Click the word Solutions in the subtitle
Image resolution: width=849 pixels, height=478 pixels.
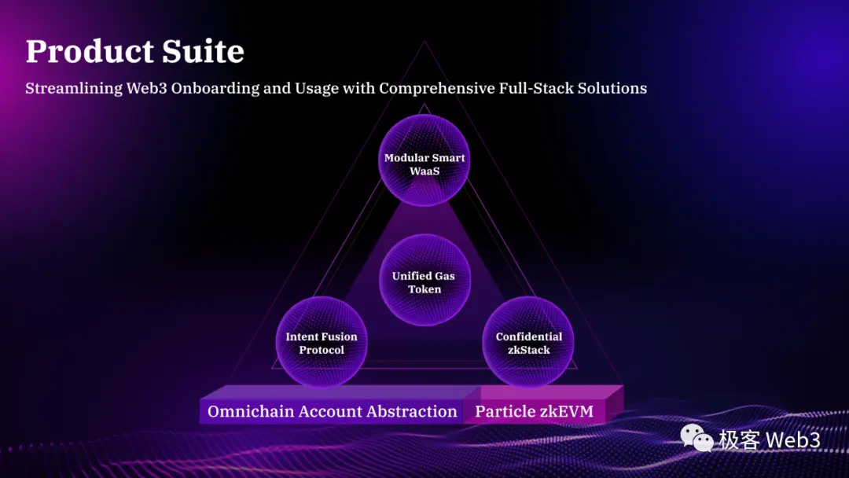(612, 88)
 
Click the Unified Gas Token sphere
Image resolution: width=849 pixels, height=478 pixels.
(424, 282)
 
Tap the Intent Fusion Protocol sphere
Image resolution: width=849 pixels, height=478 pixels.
(322, 343)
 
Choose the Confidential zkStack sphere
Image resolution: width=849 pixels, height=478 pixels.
(528, 343)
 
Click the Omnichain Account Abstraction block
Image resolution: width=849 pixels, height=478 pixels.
(332, 411)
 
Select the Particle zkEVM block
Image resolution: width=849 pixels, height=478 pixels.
(534, 411)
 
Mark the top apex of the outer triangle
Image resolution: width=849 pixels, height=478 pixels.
(425, 42)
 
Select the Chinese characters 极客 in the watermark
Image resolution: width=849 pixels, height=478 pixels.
(739, 439)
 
